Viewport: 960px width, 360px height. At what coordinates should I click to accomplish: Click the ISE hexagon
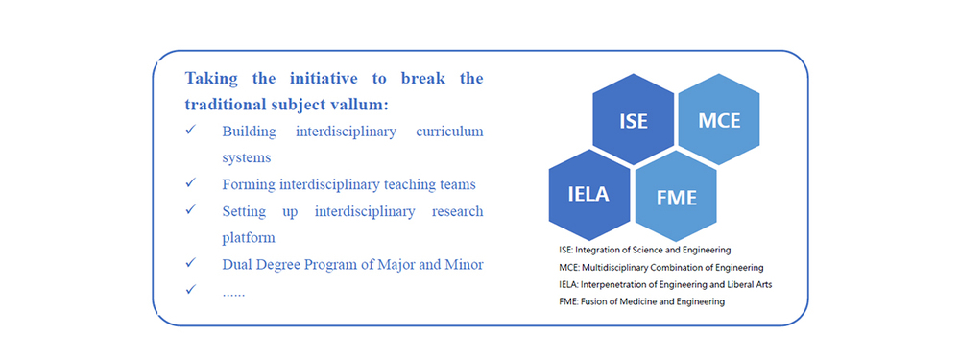(633, 119)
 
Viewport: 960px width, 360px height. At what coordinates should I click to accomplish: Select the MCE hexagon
(719, 119)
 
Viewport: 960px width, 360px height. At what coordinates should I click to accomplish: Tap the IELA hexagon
(589, 195)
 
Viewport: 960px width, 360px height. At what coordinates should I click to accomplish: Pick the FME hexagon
(676, 196)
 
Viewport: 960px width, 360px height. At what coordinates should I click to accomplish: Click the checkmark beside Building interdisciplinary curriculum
(191, 131)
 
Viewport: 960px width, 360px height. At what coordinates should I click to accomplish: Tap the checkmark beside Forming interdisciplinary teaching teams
(191, 183)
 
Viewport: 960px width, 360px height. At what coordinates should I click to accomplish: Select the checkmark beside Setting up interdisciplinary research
(191, 210)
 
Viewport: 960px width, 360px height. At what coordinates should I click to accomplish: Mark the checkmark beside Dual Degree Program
(191, 263)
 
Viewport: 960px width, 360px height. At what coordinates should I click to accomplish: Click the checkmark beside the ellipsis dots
(191, 290)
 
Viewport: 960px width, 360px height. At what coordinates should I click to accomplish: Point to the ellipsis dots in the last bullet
(233, 295)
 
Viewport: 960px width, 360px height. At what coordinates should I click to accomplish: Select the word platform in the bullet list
(249, 238)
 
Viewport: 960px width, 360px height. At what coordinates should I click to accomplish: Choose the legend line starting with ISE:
(645, 250)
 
